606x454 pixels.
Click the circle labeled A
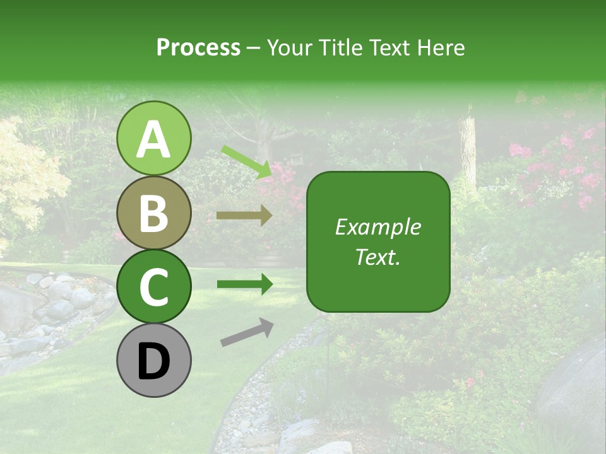click(153, 138)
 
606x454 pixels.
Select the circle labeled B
click(153, 212)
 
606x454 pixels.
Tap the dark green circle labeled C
click(153, 286)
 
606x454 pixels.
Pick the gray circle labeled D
click(153, 360)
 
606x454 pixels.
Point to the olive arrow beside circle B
click(244, 216)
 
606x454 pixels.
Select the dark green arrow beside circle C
click(244, 284)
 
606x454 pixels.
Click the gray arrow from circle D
click(247, 332)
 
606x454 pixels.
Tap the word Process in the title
click(198, 47)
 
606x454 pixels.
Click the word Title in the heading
click(338, 47)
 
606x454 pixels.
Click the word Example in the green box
click(377, 227)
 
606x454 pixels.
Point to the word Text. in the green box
click(377, 257)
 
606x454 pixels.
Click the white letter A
click(153, 139)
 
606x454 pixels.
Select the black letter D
click(153, 361)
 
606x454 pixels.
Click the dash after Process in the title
click(254, 48)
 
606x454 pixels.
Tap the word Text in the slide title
click(389, 47)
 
